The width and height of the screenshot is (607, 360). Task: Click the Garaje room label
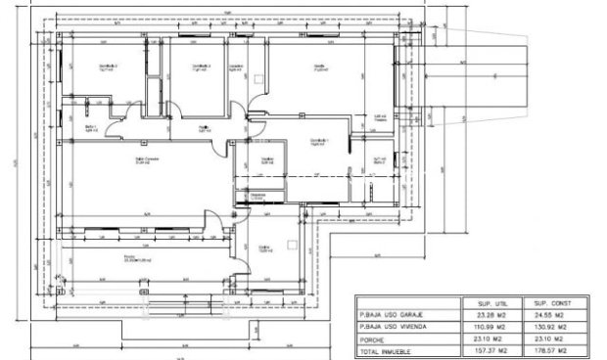320,67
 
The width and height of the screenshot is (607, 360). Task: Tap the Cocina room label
264,248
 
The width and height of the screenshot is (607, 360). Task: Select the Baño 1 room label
91,128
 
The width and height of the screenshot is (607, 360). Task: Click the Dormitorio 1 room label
318,141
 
